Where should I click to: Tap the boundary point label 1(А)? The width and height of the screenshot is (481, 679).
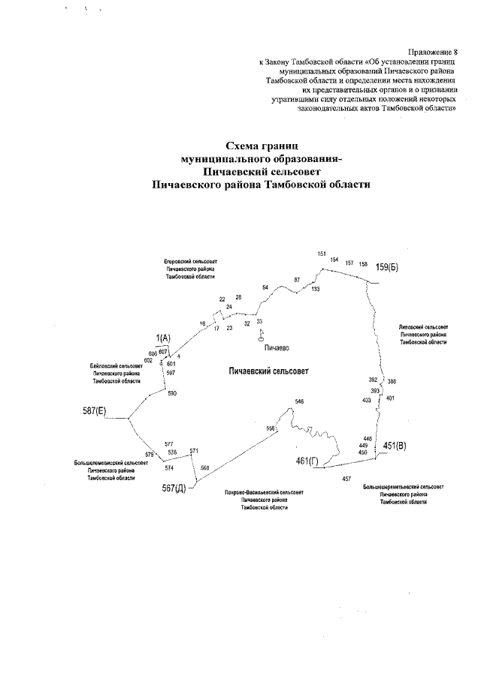tap(163, 338)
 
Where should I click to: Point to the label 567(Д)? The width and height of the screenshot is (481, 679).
tap(174, 488)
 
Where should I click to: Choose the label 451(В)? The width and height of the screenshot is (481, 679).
tap(395, 446)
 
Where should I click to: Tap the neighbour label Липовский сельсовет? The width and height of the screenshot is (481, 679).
tap(423, 326)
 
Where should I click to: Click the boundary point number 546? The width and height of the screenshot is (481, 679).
tap(300, 403)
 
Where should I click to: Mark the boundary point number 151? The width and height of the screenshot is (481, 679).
tap(322, 254)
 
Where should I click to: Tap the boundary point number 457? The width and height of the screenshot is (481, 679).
tap(346, 478)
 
